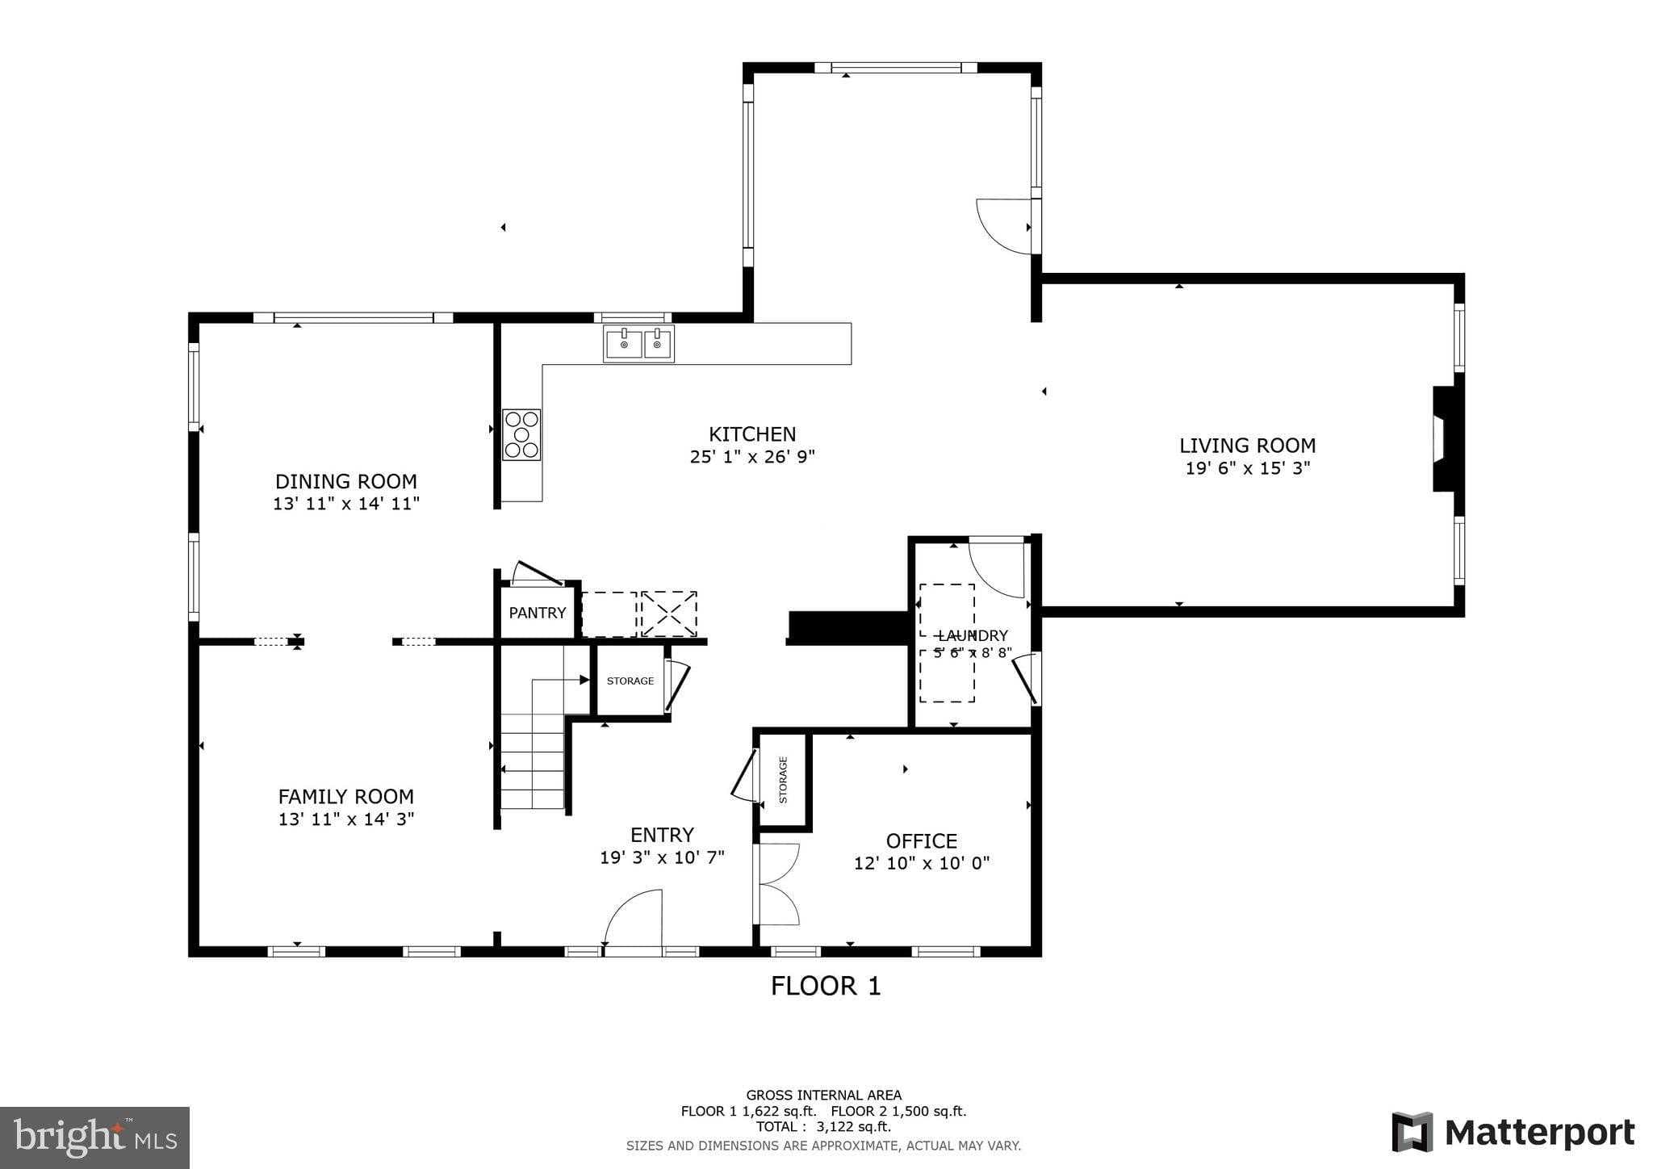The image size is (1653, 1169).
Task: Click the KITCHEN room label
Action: pyautogui.click(x=752, y=434)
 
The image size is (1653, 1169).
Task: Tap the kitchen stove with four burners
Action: pyautogui.click(x=521, y=435)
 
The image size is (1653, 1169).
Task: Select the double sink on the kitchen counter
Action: pyautogui.click(x=638, y=344)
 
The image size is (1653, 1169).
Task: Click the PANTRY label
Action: pyautogui.click(x=537, y=613)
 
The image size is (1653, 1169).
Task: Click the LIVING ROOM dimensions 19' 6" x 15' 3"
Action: pyautogui.click(x=1247, y=468)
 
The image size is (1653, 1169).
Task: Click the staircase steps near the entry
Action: pyautogui.click(x=533, y=763)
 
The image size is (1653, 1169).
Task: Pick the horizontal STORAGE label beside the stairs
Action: pyautogui.click(x=630, y=681)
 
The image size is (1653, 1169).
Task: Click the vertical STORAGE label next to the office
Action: pyautogui.click(x=783, y=780)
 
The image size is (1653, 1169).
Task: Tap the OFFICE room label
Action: pyautogui.click(x=921, y=841)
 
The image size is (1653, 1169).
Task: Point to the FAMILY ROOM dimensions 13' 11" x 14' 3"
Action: pyautogui.click(x=346, y=819)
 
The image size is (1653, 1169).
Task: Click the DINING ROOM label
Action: pyautogui.click(x=346, y=482)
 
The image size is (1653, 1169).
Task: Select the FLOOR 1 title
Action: pyautogui.click(x=825, y=986)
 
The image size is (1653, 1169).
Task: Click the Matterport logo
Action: pyautogui.click(x=1513, y=1133)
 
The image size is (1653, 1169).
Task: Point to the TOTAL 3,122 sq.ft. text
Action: pyautogui.click(x=823, y=1127)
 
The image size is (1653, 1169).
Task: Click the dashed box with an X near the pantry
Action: pyautogui.click(x=669, y=614)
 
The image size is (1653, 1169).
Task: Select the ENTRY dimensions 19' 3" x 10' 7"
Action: pyautogui.click(x=662, y=857)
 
